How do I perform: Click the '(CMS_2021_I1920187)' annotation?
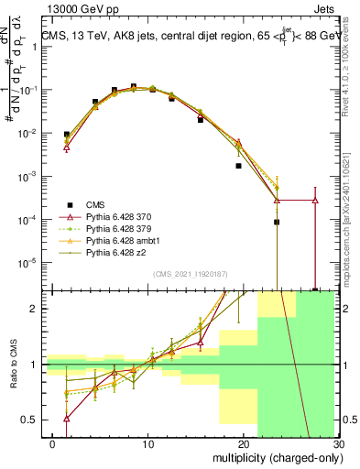191,274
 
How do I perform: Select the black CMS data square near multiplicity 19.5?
238,166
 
